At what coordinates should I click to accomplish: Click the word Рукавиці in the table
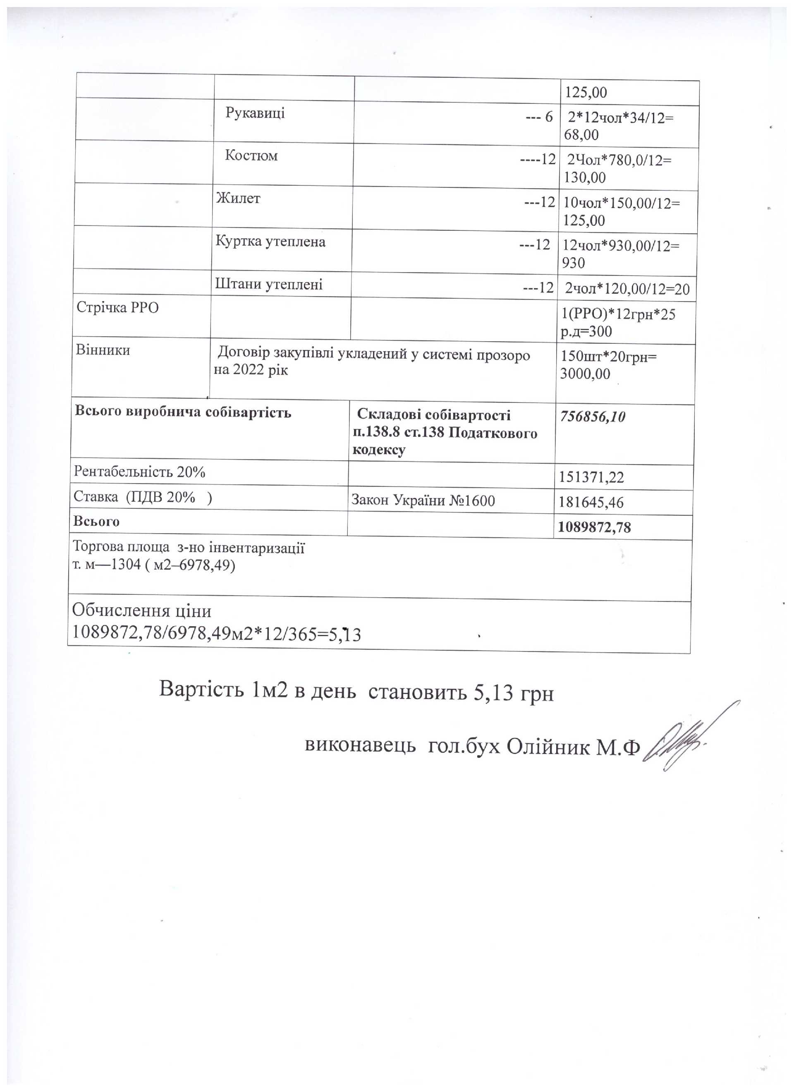255,113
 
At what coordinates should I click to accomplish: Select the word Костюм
251,156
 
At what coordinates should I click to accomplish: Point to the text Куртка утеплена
270,241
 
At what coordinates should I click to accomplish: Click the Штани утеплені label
268,284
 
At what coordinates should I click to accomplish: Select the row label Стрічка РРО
117,307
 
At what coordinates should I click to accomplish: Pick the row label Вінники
103,350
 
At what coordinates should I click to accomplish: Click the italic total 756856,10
592,417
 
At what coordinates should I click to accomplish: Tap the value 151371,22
591,477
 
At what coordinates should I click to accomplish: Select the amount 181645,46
591,503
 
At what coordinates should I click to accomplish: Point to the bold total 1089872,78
594,528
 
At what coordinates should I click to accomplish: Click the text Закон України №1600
423,501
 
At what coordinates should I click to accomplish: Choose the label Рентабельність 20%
140,472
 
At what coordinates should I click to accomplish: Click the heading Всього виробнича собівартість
183,413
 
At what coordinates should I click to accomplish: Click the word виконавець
360,746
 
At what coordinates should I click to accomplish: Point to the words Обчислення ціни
141,611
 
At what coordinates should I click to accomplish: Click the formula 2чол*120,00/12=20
627,289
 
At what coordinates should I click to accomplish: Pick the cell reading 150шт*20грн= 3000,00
609,365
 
